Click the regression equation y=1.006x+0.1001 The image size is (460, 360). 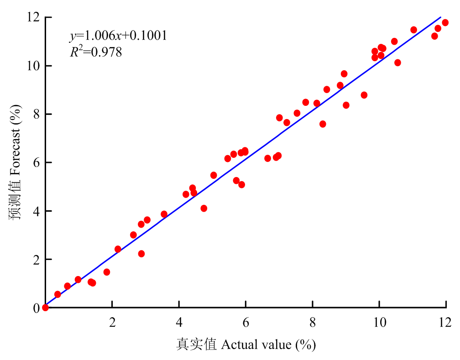click(x=118, y=36)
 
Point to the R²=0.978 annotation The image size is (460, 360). click(x=96, y=52)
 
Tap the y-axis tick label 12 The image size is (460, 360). click(x=33, y=17)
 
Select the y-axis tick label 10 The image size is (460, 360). click(x=33, y=66)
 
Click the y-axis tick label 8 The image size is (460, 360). click(x=37, y=114)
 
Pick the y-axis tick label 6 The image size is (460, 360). click(x=37, y=162)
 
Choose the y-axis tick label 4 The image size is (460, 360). click(x=37, y=211)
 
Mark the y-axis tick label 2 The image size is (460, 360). click(x=37, y=260)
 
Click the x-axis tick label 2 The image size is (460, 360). click(x=112, y=322)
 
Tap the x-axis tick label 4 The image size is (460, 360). click(x=179, y=322)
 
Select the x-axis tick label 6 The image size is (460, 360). click(x=246, y=322)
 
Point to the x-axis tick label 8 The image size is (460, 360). click(x=313, y=322)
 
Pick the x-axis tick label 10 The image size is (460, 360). click(x=380, y=322)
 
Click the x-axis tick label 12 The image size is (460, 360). click(x=445, y=322)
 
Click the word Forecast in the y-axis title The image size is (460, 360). click(x=15, y=151)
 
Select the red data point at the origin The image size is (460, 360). click(x=45, y=308)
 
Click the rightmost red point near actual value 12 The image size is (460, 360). click(x=445, y=23)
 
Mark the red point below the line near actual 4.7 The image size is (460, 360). click(x=204, y=209)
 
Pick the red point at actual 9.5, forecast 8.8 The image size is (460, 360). click(x=364, y=95)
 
